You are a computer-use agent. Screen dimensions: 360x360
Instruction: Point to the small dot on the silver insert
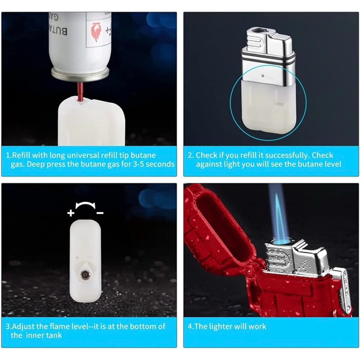(263, 75)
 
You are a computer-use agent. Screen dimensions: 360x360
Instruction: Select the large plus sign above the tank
(71, 213)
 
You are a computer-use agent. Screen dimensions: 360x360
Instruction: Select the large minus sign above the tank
(100, 213)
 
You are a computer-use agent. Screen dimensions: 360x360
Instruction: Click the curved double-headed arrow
(85, 204)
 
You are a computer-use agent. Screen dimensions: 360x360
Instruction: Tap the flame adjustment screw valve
(85, 274)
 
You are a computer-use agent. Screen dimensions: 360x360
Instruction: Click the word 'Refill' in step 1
(21, 155)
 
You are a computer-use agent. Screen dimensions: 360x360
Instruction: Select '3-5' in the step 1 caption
(139, 164)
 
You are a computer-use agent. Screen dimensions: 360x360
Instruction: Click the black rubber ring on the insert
(268, 60)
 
